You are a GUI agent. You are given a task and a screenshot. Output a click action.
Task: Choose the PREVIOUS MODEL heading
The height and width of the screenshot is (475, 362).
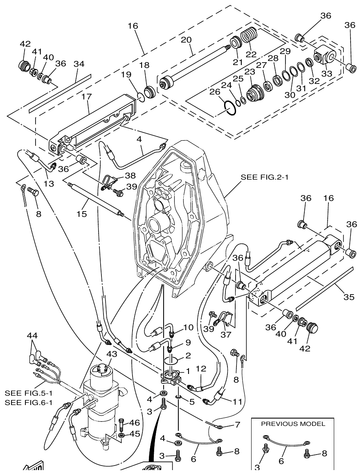293,424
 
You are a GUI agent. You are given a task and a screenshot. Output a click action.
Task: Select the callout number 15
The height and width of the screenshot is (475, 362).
82,214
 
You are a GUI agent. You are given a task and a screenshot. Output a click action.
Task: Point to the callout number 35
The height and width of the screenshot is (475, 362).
349,297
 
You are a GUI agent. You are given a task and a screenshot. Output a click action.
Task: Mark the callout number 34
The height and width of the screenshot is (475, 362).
79,64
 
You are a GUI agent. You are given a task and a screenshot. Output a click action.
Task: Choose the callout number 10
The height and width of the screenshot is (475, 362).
188,327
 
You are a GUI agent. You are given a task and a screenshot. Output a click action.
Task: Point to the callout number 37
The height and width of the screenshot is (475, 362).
226,335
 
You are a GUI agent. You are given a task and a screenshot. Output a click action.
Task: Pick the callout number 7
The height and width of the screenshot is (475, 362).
238,425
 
